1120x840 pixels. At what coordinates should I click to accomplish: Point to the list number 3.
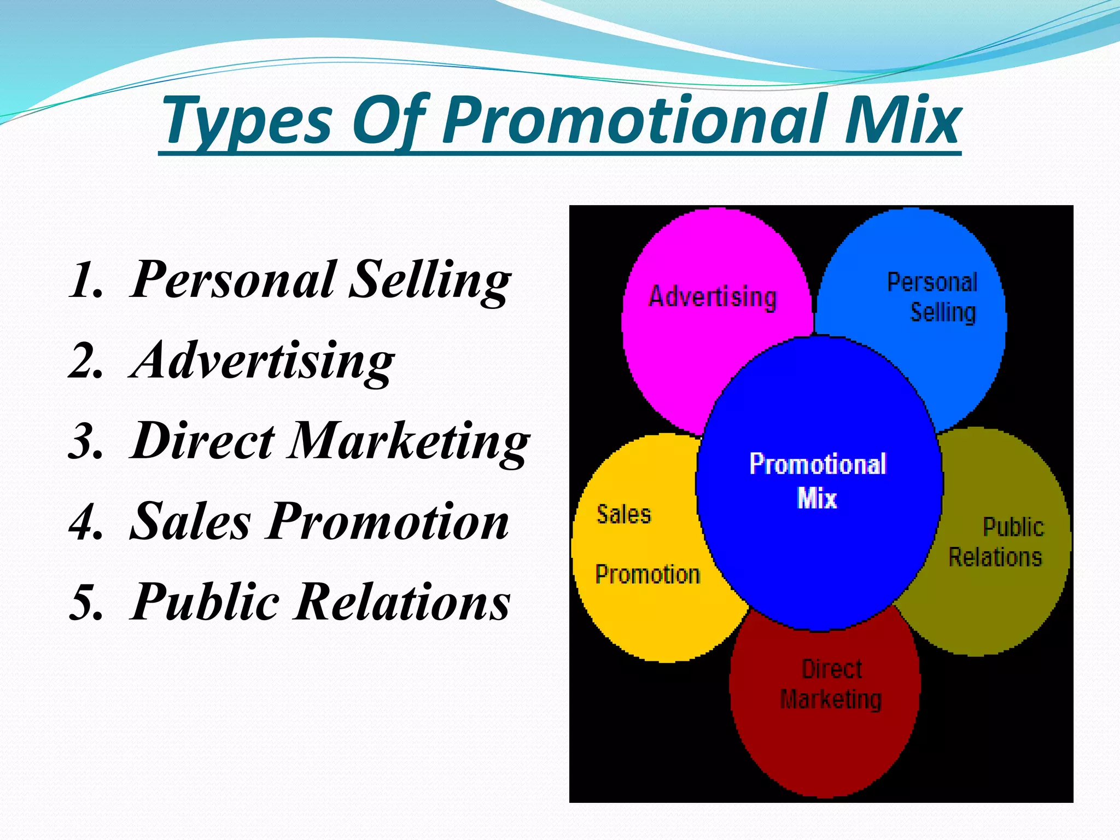coord(86,442)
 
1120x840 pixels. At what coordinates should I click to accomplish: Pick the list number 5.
coord(86,603)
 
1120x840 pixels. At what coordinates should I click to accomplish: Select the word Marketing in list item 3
coord(409,442)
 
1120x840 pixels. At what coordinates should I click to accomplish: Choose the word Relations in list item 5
coord(402,603)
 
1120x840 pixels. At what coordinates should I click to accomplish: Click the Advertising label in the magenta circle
coord(712,297)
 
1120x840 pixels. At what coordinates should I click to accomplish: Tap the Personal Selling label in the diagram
coord(933,297)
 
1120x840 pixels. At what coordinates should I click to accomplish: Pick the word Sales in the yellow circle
coord(623,515)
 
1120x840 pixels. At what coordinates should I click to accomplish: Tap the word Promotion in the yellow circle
coord(647,575)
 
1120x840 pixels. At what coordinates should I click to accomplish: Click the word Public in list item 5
coord(205,603)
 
